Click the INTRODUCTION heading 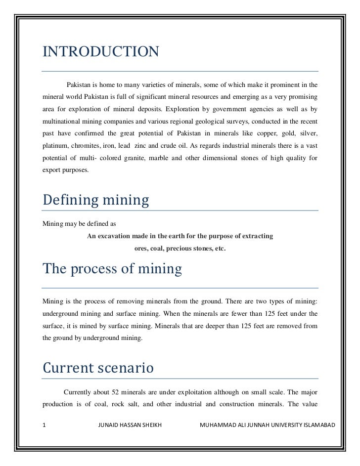click(x=101, y=51)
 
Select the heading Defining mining click(x=96, y=200)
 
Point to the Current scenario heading click(x=98, y=368)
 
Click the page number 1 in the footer click(x=45, y=425)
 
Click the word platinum click(x=54, y=146)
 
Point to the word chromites click(x=87, y=146)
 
